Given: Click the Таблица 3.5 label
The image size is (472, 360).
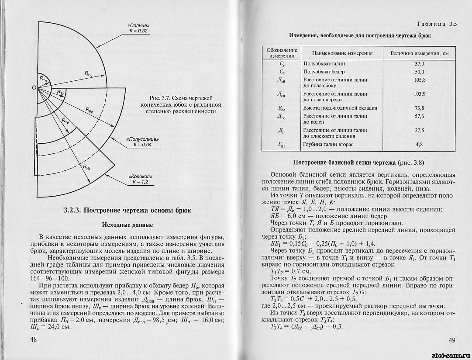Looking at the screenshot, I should [437, 24].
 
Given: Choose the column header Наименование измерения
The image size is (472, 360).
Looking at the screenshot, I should [342, 53].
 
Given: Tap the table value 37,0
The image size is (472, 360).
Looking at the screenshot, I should [419, 64].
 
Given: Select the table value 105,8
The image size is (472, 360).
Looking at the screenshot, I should [419, 80].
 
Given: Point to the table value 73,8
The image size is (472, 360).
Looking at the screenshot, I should [419, 108].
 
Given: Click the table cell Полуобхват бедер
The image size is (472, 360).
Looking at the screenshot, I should [324, 72].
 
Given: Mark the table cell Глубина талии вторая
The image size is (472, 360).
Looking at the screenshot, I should [328, 144].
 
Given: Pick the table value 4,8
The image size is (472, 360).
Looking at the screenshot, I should [419, 144].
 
